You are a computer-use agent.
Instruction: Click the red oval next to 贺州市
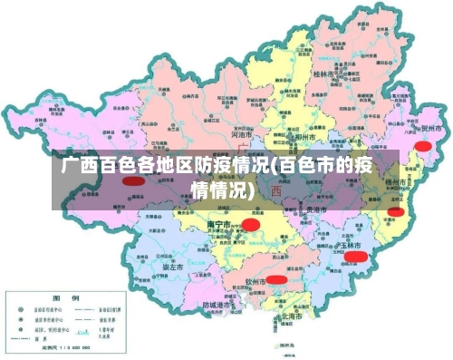pyautogui.click(x=422, y=145)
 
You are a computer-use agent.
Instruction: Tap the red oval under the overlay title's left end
pyautogui.click(x=133, y=180)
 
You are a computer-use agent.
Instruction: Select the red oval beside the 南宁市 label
pyautogui.click(x=251, y=222)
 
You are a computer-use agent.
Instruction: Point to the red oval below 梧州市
pyautogui.click(x=396, y=212)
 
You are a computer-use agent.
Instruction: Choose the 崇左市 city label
pyautogui.click(x=174, y=268)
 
